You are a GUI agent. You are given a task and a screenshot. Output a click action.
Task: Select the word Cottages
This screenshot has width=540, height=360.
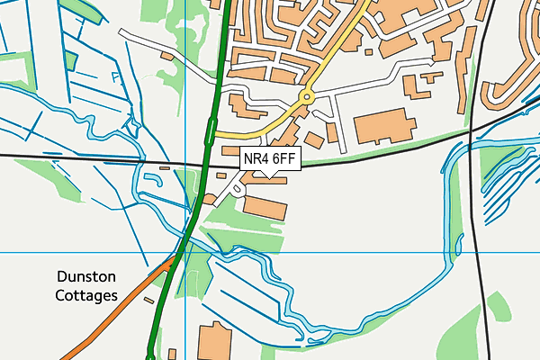coord(85,295)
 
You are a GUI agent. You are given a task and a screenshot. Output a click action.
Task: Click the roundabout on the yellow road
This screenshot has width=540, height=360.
coord(307,95)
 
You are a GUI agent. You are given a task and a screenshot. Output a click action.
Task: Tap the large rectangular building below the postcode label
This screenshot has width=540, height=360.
coord(265,208)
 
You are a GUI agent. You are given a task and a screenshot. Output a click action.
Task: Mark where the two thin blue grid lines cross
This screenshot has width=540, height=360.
coord(185,252)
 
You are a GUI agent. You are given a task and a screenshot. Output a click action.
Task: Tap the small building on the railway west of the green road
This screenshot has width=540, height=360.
coord(165,166)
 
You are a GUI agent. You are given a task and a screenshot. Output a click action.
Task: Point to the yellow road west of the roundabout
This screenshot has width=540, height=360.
coord(261,130)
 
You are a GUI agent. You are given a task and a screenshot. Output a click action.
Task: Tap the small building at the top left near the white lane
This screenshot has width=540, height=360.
coord(166,56)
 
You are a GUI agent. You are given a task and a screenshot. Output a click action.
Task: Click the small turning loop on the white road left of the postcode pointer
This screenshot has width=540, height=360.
coord(236,188)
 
